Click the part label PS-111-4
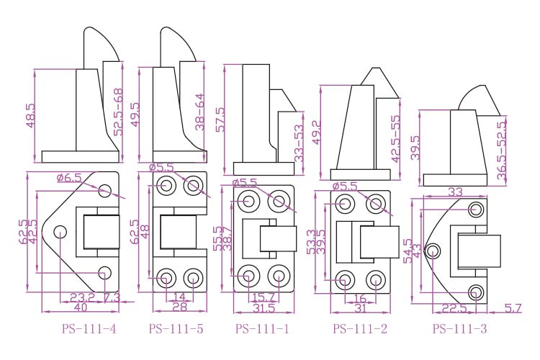tap(90, 330)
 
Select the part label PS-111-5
tap(176, 330)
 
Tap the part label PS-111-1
tap(263, 330)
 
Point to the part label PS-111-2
tap(360, 330)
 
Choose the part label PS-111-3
tap(459, 330)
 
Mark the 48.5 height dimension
tap(30, 116)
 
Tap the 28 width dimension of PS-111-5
tap(180, 307)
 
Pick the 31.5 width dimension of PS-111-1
tap(264, 308)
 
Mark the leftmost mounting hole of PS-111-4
tap(60, 232)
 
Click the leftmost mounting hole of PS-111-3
tap(433, 251)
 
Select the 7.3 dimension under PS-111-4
tap(112, 296)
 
